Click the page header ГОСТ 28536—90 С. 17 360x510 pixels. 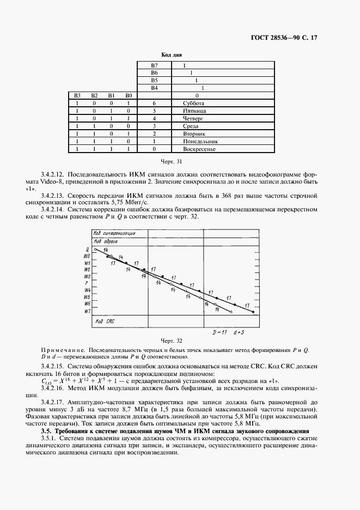[292, 38]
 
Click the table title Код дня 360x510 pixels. [172, 55]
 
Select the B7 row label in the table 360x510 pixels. [154, 65]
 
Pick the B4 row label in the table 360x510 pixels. [154, 88]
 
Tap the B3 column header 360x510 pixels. [77, 95]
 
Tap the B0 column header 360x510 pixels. [128, 95]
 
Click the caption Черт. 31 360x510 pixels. [172, 162]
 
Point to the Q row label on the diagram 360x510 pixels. [88, 249]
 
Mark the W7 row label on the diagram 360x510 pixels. [87, 311]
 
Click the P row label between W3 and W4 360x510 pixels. [87, 283]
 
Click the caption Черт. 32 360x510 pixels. [172, 341]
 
